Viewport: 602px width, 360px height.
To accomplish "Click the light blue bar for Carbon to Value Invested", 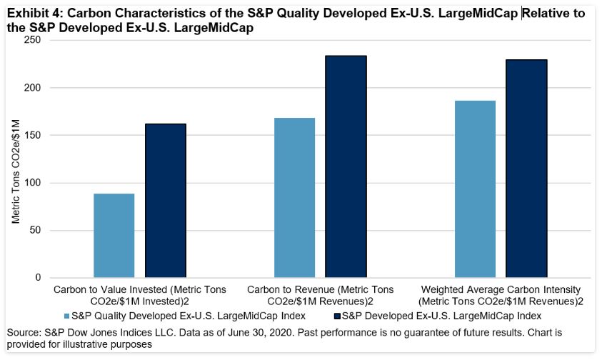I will [114, 236].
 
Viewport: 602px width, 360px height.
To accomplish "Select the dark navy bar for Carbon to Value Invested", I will [166, 201].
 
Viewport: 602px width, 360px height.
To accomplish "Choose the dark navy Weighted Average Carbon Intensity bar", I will [526, 169].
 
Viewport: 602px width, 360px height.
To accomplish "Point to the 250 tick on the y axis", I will [32, 41].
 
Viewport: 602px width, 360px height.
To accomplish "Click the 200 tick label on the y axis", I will [32, 88].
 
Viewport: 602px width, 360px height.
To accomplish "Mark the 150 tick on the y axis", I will [32, 135].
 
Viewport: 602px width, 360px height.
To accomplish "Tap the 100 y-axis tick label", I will [32, 183].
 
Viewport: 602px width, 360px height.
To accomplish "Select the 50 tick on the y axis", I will [35, 230].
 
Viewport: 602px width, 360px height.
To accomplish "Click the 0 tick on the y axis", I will [38, 278].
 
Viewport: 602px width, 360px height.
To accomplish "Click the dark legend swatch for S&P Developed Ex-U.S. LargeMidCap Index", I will [336, 315].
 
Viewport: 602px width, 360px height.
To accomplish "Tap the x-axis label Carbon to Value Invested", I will [140, 295].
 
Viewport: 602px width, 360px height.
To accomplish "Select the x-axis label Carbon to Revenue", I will [321, 295].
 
